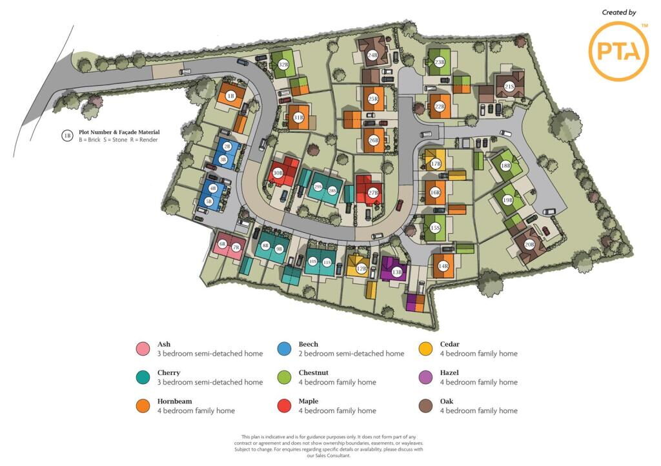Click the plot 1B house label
[x=230, y=96]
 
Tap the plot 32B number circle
[x=283, y=65]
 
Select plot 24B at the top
[x=372, y=56]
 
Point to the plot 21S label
[x=509, y=86]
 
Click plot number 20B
[x=529, y=245]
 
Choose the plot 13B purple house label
[x=396, y=272]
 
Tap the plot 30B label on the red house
[x=278, y=173]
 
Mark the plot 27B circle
[x=373, y=193]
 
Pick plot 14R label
[x=443, y=266]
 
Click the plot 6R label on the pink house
[x=223, y=244]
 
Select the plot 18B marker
[x=505, y=166]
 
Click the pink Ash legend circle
[x=143, y=349]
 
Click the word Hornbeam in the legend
[x=174, y=401]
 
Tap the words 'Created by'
[x=618, y=12]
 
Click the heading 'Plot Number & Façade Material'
[x=119, y=132]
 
